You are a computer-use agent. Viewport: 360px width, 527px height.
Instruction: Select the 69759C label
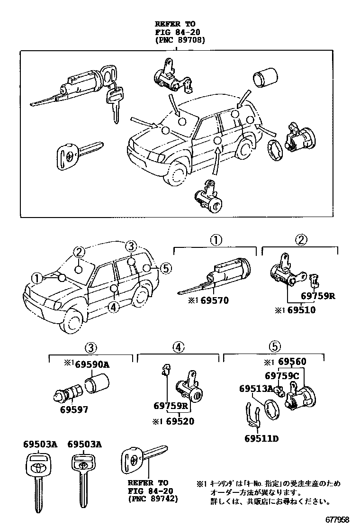pyautogui.click(x=283, y=376)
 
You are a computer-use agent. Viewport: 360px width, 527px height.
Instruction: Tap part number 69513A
pyautogui.click(x=256, y=389)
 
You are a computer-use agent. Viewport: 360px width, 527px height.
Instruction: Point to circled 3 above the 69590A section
pyautogui.click(x=91, y=347)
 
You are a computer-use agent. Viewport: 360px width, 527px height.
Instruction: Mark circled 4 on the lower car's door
pyautogui.click(x=112, y=307)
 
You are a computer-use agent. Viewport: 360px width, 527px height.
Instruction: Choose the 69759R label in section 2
pyautogui.click(x=318, y=297)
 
